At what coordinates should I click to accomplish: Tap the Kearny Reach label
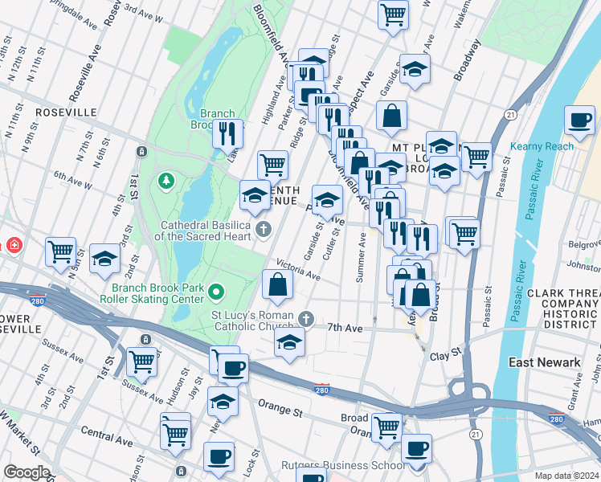tap(542, 145)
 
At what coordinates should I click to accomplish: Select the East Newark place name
tap(545, 362)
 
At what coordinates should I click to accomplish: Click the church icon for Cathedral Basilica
tap(263, 231)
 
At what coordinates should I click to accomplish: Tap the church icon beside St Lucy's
tap(305, 320)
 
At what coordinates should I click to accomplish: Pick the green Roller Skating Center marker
tap(215, 290)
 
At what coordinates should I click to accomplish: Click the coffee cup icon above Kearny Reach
tap(580, 120)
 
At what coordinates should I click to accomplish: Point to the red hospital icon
tap(14, 244)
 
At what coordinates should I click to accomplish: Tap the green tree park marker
tap(167, 182)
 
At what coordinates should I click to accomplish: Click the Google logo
tap(27, 472)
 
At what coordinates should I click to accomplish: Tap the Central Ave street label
tap(107, 437)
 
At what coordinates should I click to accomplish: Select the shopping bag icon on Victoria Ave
tap(277, 284)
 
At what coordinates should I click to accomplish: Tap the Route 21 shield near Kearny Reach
tap(510, 116)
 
